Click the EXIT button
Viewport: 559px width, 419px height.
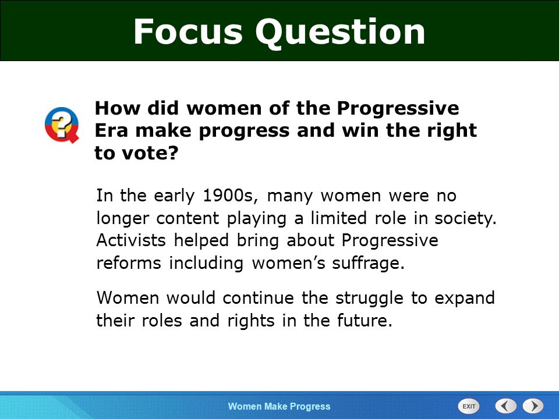coord(469,406)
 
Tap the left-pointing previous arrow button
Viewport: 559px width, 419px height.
coord(505,406)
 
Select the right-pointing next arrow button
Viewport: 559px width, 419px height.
coord(533,406)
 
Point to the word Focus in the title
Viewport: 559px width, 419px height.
coord(188,31)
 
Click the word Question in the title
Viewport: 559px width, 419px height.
coord(340,32)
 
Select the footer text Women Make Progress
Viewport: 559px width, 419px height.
coord(279,406)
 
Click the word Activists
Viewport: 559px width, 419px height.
coord(131,240)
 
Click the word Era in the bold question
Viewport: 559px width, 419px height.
coord(111,130)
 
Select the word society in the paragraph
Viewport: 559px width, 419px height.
coord(466,218)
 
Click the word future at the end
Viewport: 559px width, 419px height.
coord(365,320)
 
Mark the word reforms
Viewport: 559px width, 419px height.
coord(129,263)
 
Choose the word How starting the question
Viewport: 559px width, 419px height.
coord(117,108)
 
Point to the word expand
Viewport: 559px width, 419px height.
coord(465,299)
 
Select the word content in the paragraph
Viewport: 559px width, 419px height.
coord(187,218)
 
